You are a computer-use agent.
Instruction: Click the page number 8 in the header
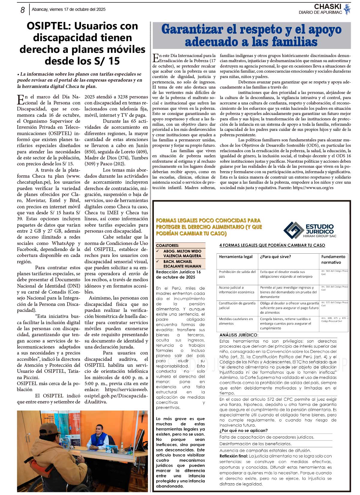22,10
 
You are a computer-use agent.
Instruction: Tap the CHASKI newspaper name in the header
328,7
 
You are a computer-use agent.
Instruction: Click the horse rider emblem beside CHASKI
347,9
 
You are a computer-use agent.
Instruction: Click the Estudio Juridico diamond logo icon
293,230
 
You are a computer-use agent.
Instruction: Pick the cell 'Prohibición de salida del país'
237,274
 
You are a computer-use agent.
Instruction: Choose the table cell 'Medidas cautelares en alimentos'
236,321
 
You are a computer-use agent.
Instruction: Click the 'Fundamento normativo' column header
333,259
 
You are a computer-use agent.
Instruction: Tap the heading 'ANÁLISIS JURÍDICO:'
238,335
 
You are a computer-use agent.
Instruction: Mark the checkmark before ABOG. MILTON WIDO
158,251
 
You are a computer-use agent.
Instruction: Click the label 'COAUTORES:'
167,245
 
